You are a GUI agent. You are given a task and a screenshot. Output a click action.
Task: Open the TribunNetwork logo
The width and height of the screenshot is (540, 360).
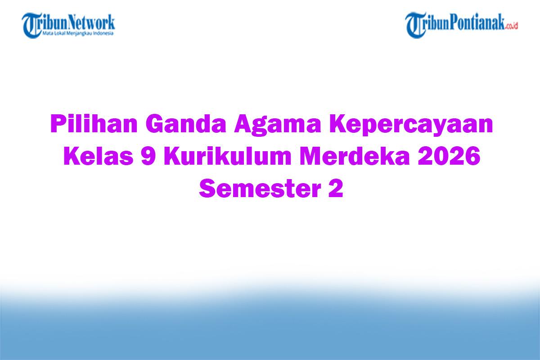point(68,24)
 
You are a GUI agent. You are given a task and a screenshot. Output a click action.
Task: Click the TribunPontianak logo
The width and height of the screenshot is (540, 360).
point(461,24)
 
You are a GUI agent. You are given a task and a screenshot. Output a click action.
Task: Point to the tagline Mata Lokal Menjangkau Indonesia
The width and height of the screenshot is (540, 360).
point(78,33)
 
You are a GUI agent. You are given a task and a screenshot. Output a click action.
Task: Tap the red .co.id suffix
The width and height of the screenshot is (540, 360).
point(512,26)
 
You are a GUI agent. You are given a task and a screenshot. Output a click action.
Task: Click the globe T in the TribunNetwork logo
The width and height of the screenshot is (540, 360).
point(31,24)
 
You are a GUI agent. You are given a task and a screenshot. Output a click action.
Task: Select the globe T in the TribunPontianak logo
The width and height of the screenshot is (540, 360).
point(415,24)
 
